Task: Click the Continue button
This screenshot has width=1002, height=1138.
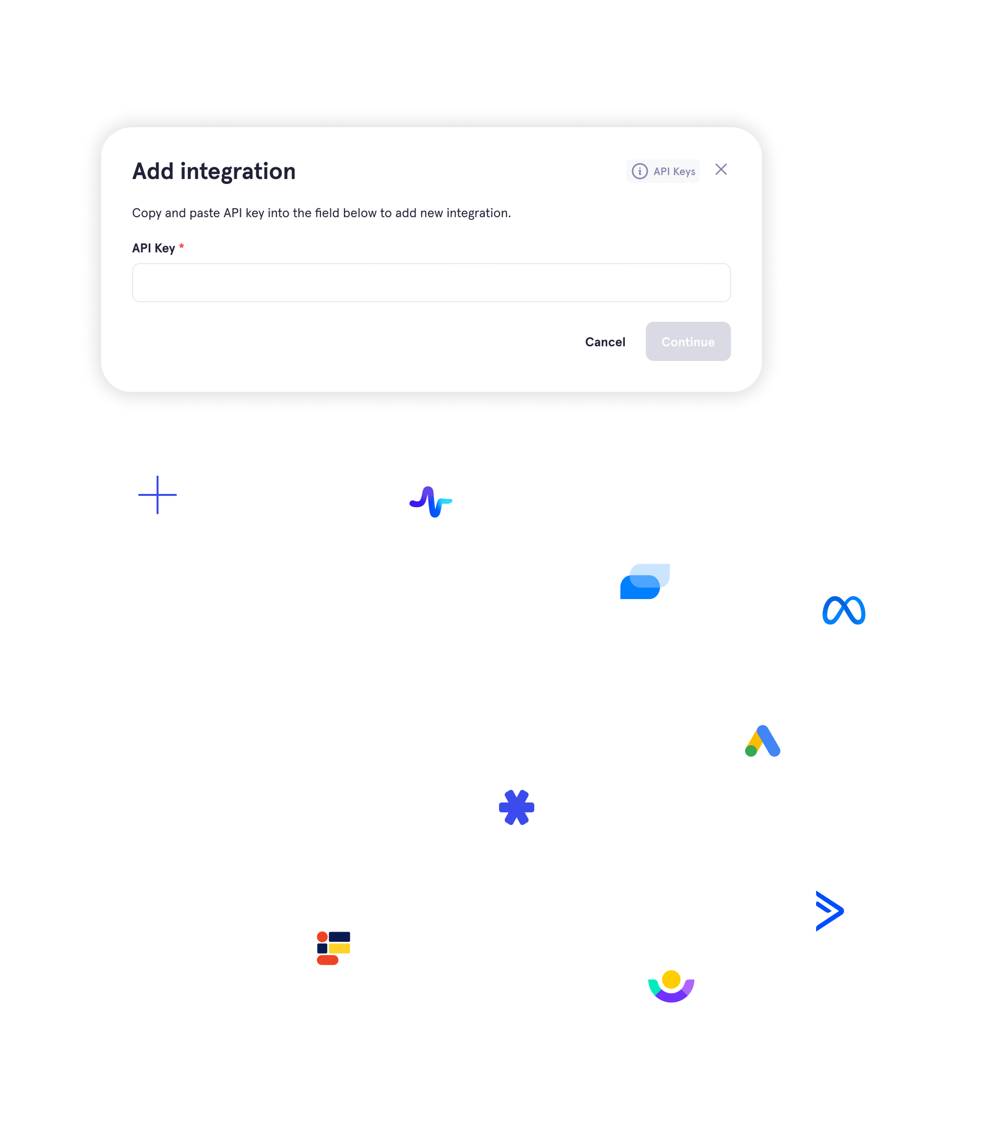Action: point(687,341)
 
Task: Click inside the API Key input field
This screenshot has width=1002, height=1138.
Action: point(431,283)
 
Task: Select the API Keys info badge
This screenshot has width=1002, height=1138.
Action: point(662,171)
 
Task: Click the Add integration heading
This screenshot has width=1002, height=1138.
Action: point(213,171)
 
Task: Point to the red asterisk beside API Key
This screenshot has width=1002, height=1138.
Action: point(181,246)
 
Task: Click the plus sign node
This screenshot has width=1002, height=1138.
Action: point(157,494)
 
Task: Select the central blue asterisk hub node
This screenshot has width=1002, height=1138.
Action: point(516,807)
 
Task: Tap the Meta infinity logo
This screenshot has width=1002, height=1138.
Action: point(843,610)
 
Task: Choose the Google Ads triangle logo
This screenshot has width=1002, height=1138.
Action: point(762,740)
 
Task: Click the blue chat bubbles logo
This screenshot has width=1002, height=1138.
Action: point(644,581)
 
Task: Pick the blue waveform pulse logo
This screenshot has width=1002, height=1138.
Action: point(431,502)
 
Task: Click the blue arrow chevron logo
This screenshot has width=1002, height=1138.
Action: point(828,911)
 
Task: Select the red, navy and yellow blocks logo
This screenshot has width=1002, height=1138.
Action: point(333,948)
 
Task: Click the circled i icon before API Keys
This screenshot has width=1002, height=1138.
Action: point(639,171)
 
